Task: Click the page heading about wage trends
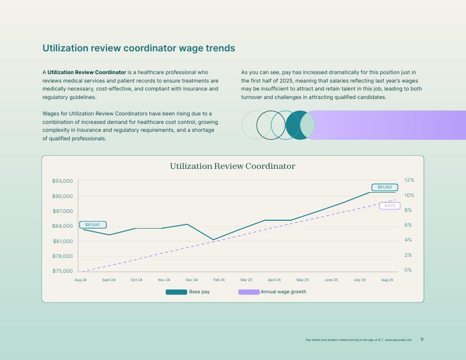[139, 48]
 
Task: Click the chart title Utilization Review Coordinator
[232, 166]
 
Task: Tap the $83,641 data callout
[93, 224]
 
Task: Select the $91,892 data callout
[384, 187]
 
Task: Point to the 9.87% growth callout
[390, 206]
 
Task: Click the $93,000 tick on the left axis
[62, 181]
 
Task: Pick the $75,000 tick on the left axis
[62, 271]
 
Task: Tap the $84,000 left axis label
[62, 226]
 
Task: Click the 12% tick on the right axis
[409, 180]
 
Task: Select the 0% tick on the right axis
[408, 270]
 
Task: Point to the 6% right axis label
[408, 225]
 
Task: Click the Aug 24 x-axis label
[80, 280]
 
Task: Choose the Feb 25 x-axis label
[219, 280]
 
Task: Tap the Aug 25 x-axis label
[387, 280]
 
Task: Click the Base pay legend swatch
[176, 292]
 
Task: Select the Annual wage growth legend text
[283, 292]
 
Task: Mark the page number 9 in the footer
[422, 339]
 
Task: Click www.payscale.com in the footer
[398, 340]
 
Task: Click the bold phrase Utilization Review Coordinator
[87, 72]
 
